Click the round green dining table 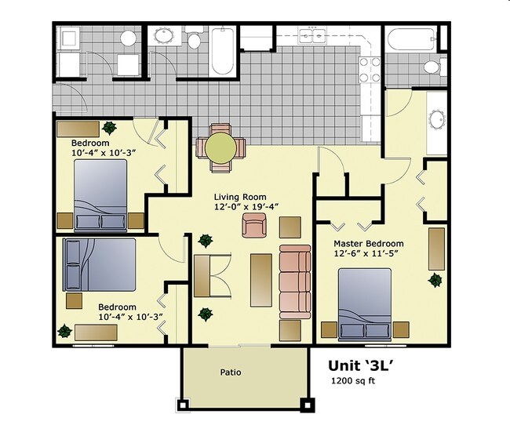point(220,147)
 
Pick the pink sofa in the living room point(295,280)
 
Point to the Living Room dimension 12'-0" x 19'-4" point(246,207)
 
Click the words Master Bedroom point(369,244)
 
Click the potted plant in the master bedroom point(435,279)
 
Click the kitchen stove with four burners point(369,70)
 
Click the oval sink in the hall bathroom point(166,36)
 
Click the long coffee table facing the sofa point(260,280)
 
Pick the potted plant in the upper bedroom point(108,127)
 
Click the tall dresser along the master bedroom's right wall point(435,249)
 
